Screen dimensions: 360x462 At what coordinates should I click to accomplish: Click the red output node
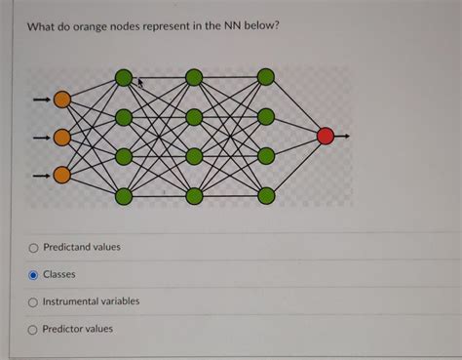point(326,137)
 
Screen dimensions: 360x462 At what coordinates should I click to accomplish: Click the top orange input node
point(62,99)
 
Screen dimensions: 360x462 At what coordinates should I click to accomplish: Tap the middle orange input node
point(62,137)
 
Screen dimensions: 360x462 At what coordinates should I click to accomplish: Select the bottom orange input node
point(62,175)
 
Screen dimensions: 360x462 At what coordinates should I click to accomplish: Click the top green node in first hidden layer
point(123,77)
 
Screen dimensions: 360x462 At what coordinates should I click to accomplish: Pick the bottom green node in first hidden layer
point(123,196)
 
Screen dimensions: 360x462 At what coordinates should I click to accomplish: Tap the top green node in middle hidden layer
point(194,77)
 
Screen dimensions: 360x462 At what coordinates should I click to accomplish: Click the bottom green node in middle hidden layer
point(194,196)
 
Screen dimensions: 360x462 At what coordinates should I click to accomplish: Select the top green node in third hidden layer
point(265,77)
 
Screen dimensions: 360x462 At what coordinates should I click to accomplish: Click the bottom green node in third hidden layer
point(265,196)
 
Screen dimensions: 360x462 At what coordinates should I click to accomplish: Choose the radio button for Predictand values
point(34,248)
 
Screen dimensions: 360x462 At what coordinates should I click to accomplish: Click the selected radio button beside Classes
point(34,275)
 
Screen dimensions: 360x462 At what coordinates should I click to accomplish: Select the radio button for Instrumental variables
point(34,301)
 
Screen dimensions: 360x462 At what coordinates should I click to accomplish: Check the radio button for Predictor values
point(34,329)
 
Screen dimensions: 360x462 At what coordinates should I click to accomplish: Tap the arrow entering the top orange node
point(40,99)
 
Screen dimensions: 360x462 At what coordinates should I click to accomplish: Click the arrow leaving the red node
point(343,137)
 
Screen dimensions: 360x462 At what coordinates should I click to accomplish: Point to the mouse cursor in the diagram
point(140,84)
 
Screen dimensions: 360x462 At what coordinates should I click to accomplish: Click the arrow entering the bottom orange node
point(40,175)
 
